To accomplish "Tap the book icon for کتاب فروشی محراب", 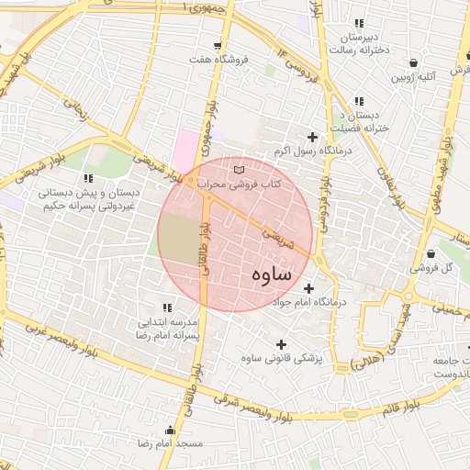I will tap(240, 170).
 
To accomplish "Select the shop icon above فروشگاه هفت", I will tap(217, 45).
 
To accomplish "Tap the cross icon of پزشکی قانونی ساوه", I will tap(280, 344).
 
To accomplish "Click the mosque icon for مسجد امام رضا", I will tap(168, 431).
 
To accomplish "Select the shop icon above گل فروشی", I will tap(431, 253).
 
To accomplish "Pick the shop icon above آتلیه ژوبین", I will tap(415, 63).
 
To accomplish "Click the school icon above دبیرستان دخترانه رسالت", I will tap(359, 23).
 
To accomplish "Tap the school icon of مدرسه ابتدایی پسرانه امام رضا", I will tap(167, 308).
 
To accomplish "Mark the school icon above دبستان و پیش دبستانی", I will tap(88, 178).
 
